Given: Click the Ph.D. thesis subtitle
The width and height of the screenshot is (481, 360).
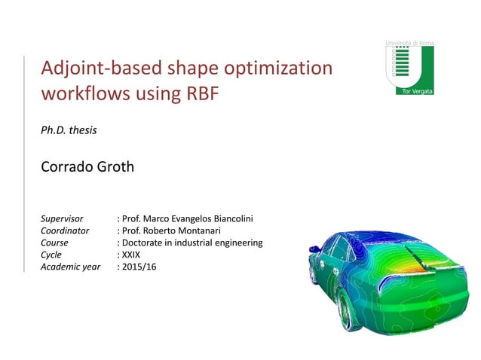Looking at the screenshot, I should click(x=69, y=130).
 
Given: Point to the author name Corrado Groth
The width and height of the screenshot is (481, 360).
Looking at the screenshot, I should click(x=87, y=166).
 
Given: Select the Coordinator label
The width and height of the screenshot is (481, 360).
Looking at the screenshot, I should click(x=65, y=230).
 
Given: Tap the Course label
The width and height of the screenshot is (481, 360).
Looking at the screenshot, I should click(x=54, y=243).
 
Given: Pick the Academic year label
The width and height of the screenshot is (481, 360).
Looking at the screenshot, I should click(x=70, y=267).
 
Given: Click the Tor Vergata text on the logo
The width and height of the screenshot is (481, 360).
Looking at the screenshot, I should click(x=412, y=90).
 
